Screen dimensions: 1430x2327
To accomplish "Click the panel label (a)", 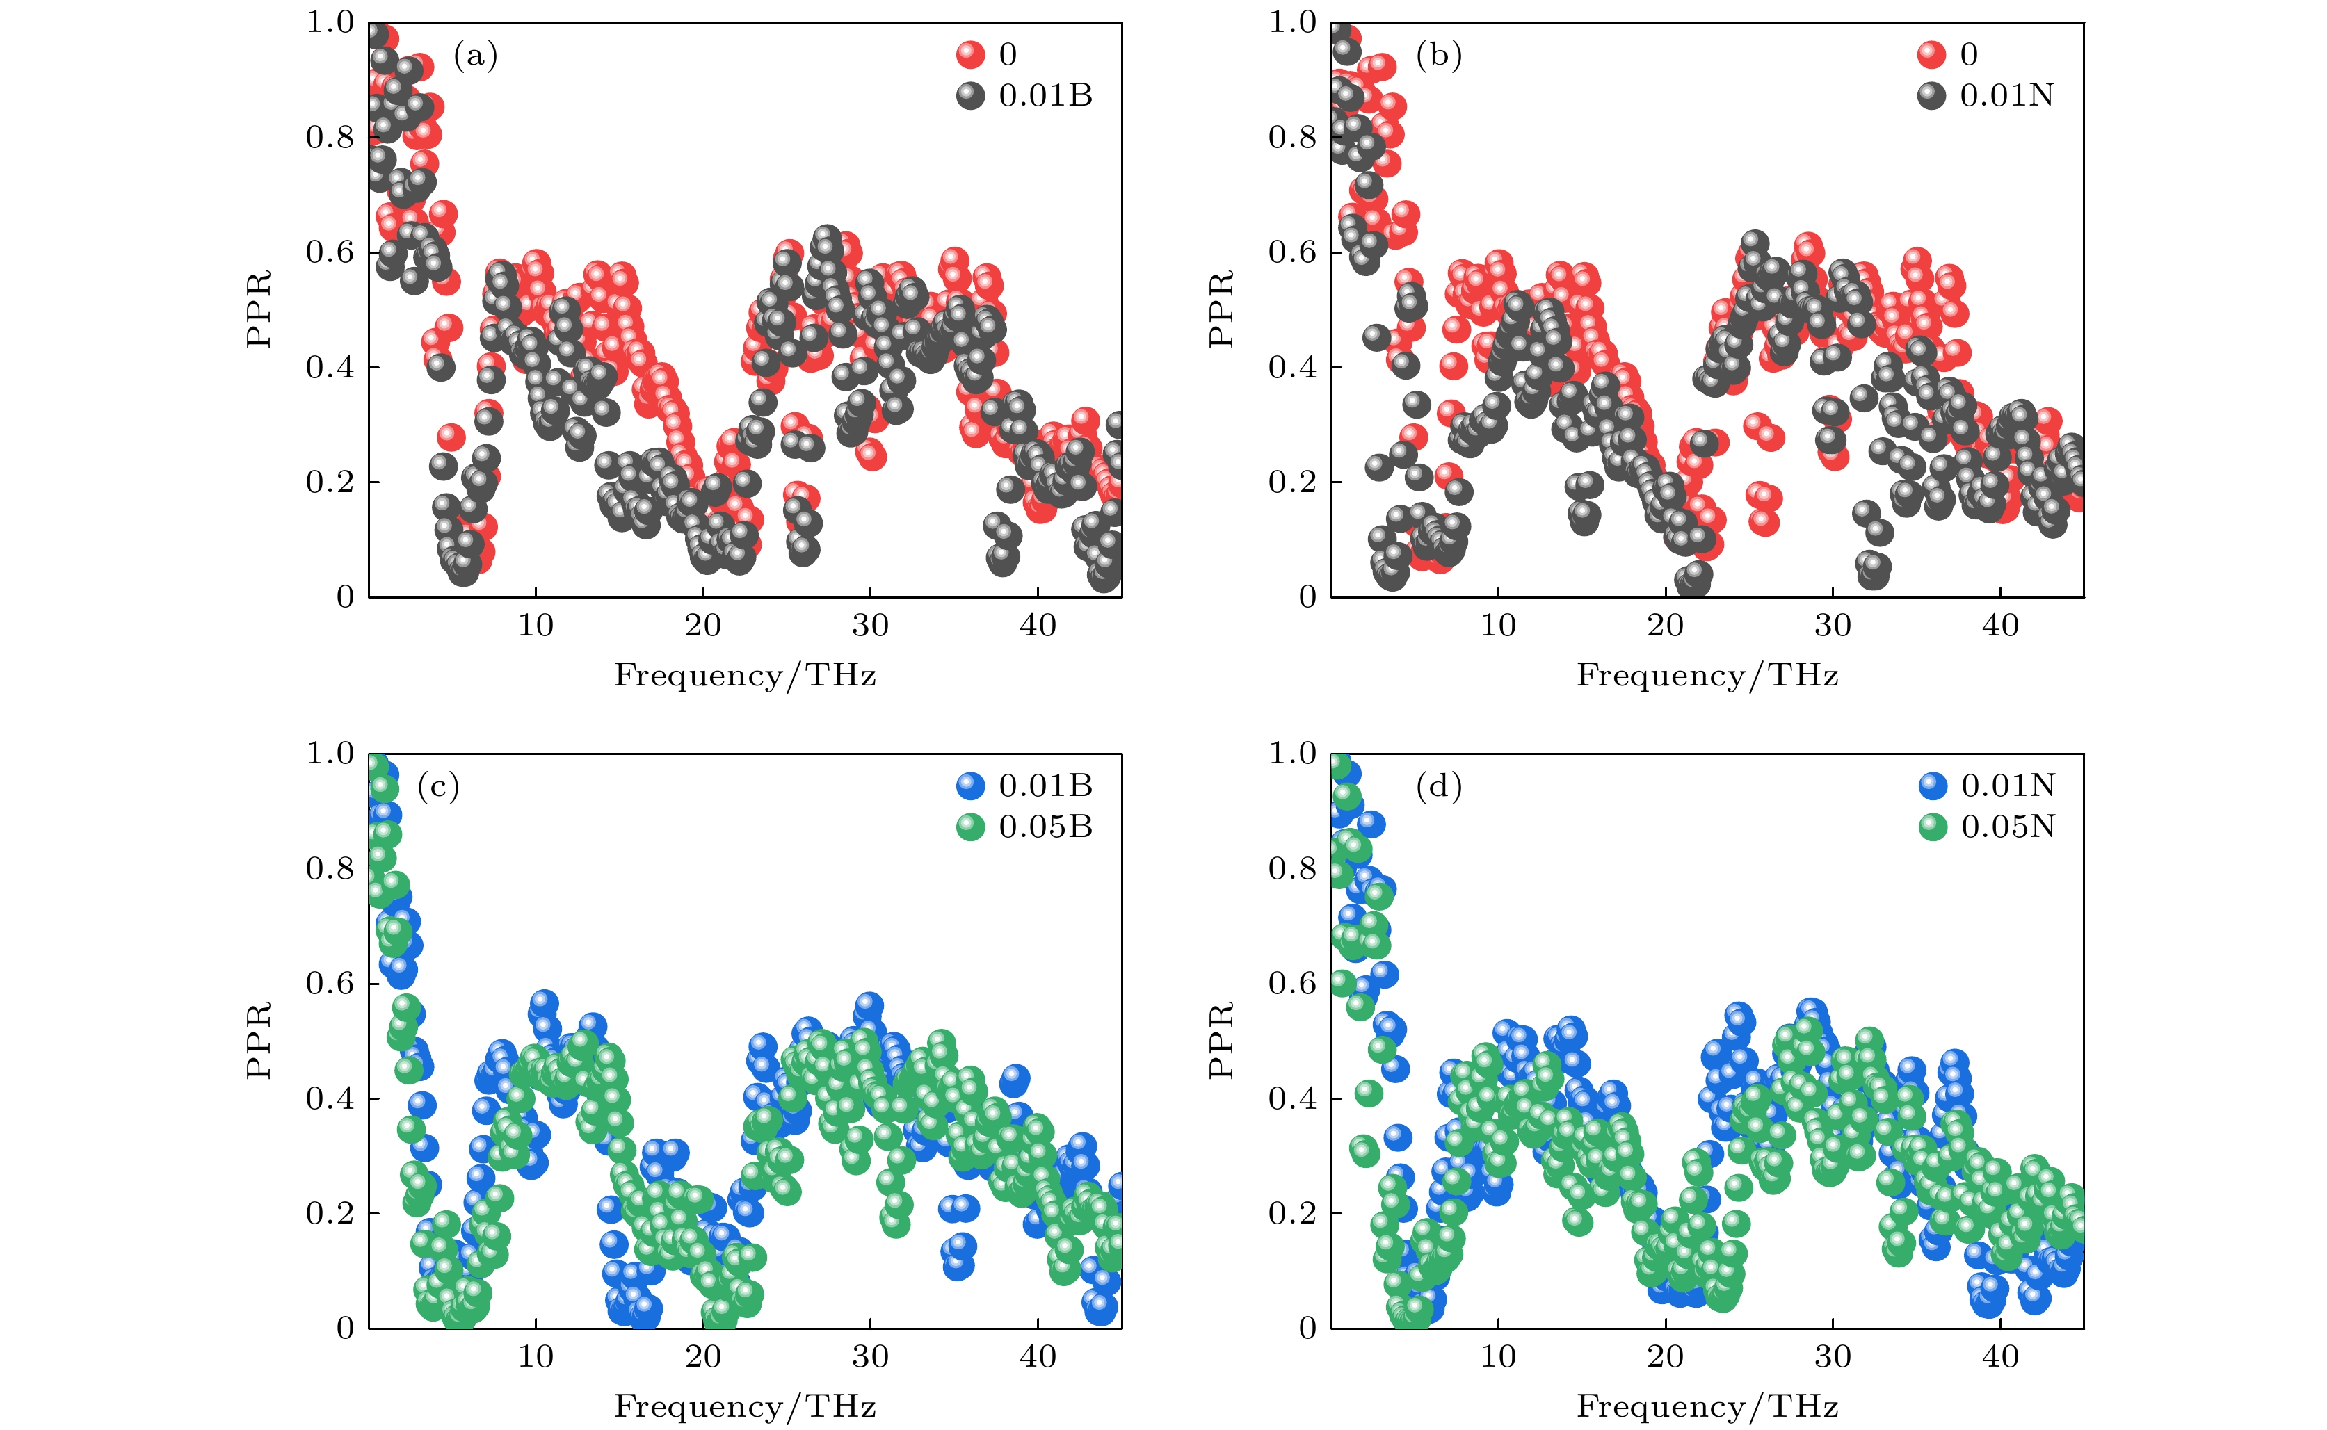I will [x=475, y=57].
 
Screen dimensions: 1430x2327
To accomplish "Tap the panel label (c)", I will [x=438, y=787].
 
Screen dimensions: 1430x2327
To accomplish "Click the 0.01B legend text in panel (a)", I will [x=1045, y=95].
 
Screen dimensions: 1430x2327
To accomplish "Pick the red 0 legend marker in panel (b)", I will [x=1931, y=55].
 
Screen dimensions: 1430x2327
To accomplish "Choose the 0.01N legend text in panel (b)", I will [x=2006, y=95].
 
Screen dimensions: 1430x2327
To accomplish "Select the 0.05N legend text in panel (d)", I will [x=2007, y=827].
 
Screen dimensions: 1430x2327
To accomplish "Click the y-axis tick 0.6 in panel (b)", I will [x=1292, y=252].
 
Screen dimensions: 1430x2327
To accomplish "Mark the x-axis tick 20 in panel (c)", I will [x=703, y=1357].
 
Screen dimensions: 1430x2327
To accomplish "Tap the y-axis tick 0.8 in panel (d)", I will [x=1292, y=869].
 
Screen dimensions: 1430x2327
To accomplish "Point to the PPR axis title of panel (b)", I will [x=1221, y=309].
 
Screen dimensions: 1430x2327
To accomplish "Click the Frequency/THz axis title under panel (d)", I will [x=1707, y=1407].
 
